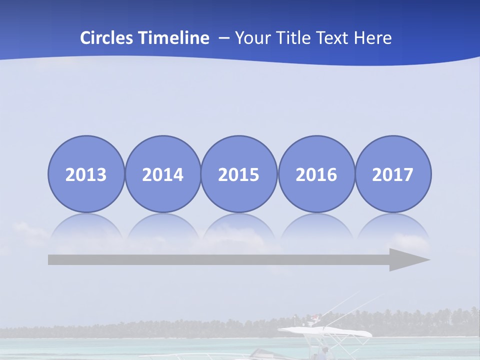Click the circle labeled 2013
[86, 174]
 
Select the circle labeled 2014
[162, 174]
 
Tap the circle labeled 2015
[239, 174]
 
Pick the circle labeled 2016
[316, 174]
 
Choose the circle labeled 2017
[392, 174]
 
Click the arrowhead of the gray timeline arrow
[407, 260]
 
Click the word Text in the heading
[333, 38]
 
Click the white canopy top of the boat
[325, 331]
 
